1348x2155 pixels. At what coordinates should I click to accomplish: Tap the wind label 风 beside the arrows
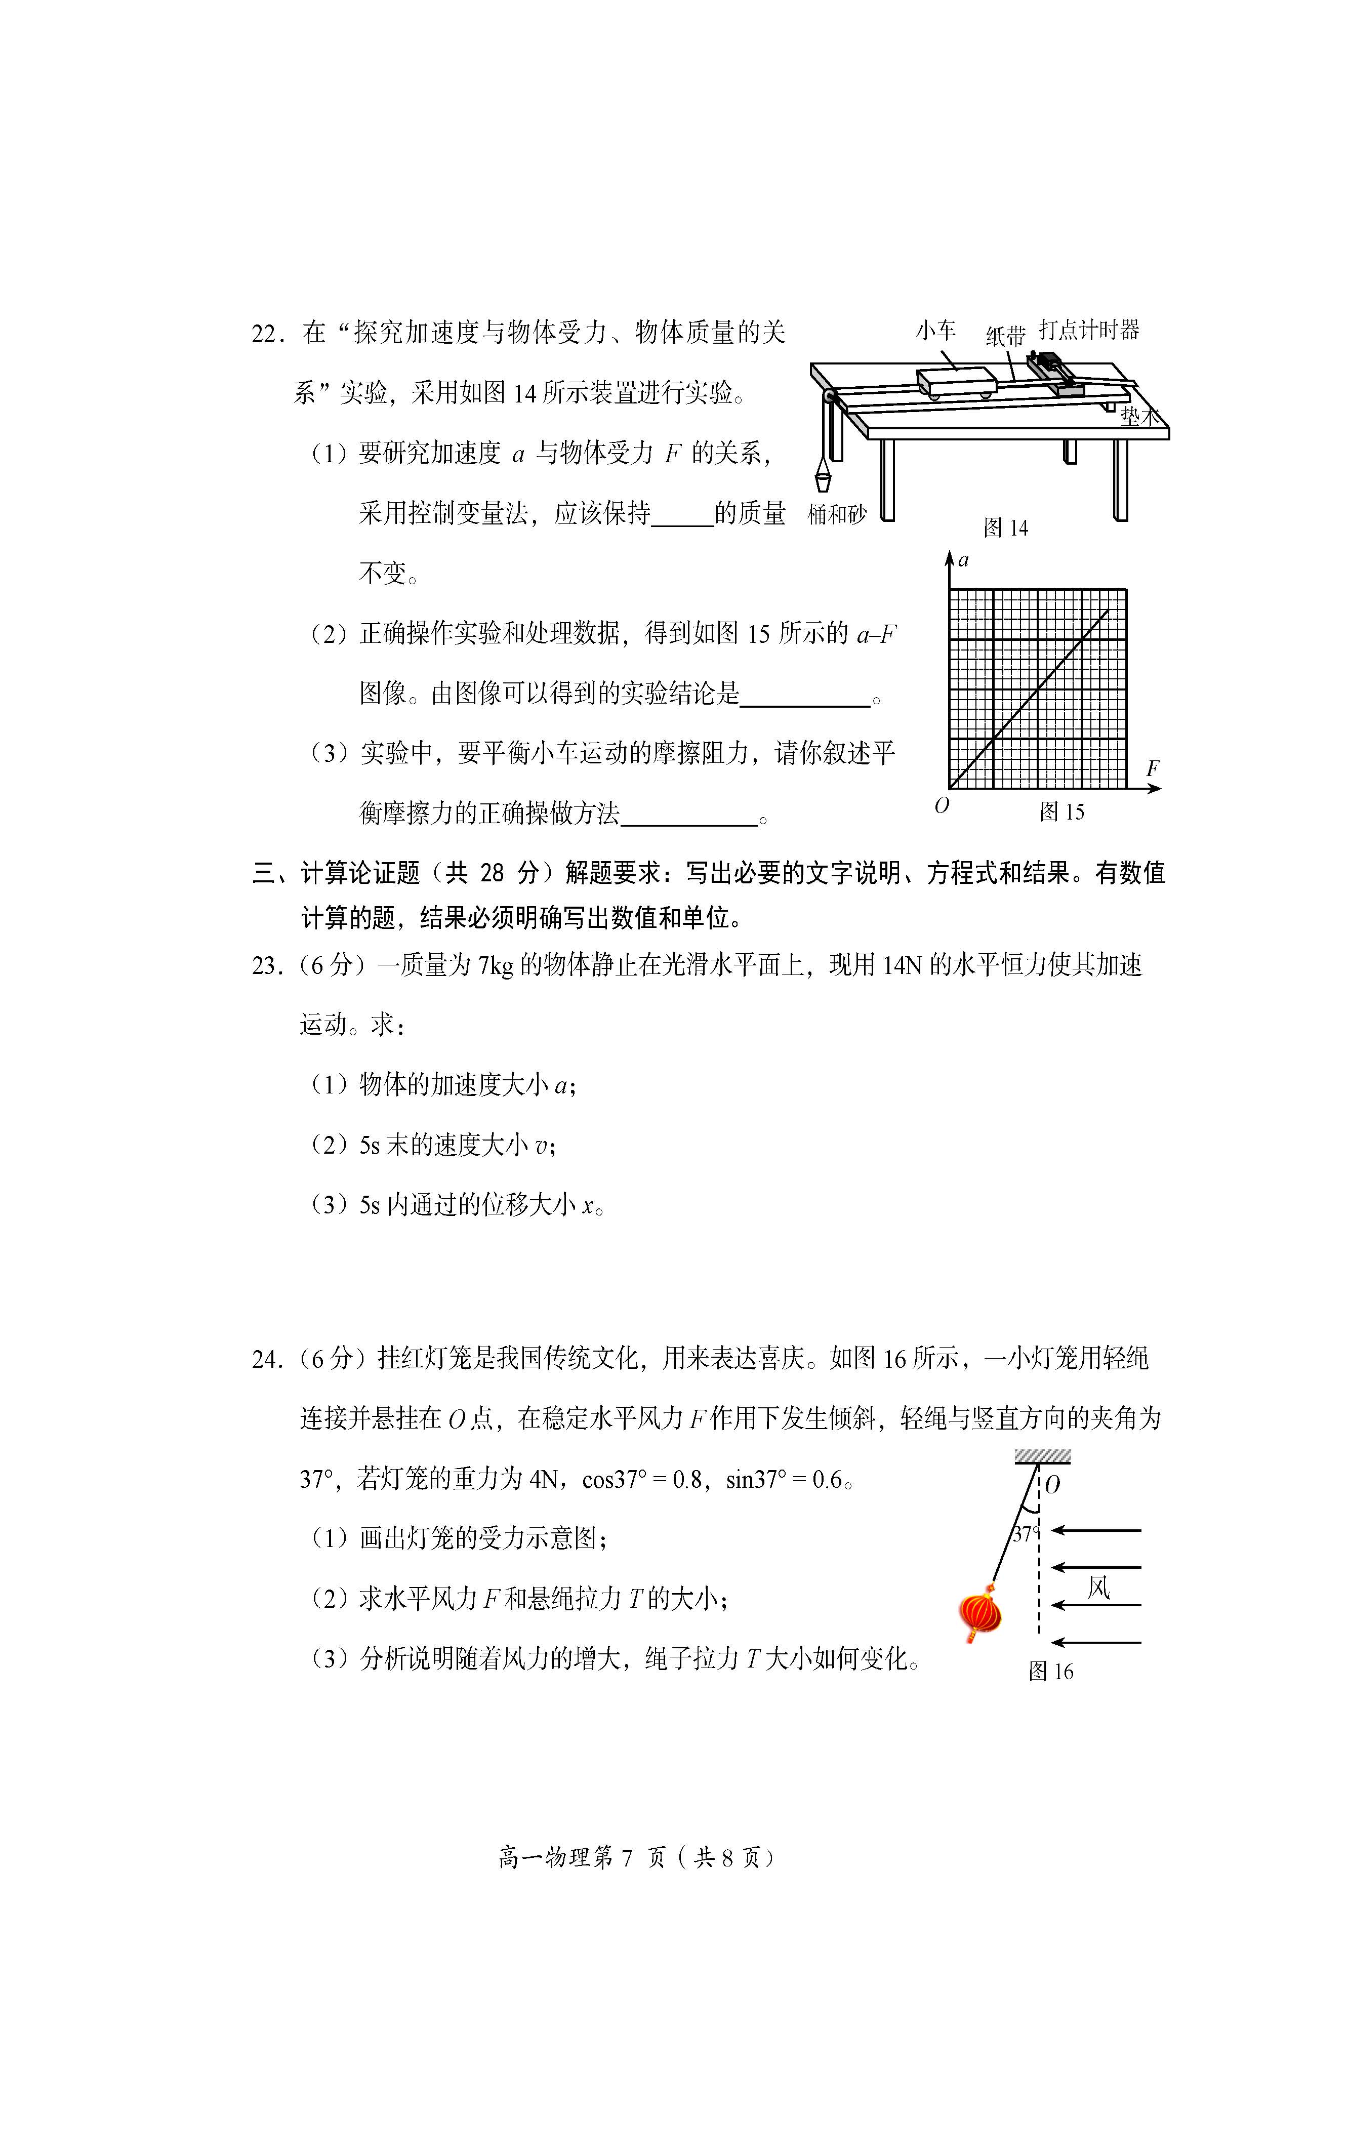pyautogui.click(x=1098, y=1587)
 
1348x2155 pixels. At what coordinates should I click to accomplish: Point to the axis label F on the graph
pyautogui.click(x=1153, y=767)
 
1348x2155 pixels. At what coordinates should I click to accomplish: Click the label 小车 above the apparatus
pyautogui.click(x=935, y=331)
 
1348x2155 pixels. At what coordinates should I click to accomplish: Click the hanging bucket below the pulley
pyautogui.click(x=823, y=480)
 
